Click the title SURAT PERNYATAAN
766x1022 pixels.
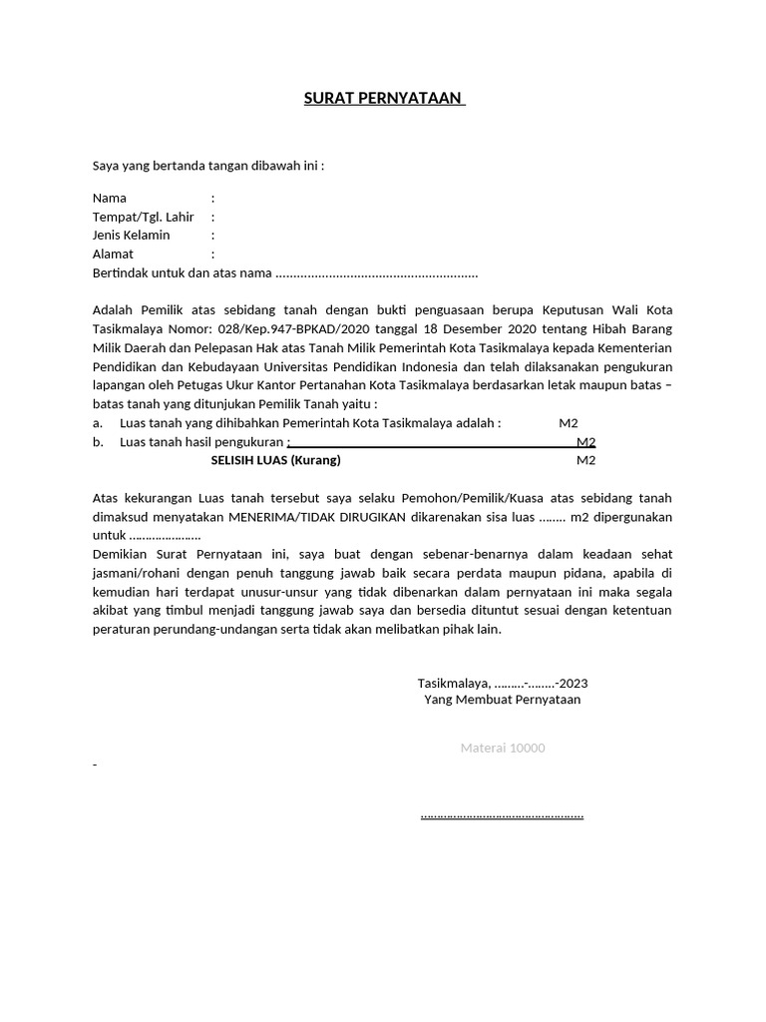pyautogui.click(x=384, y=99)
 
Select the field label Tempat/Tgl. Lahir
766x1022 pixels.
pyautogui.click(x=143, y=217)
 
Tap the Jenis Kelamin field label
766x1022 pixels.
pyautogui.click(x=131, y=236)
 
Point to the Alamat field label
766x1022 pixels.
pyautogui.click(x=113, y=255)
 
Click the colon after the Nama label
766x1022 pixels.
pyautogui.click(x=212, y=198)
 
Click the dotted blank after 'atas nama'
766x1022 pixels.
pyautogui.click(x=376, y=273)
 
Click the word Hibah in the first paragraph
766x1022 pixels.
pyautogui.click(x=598, y=328)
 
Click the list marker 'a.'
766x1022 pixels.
pyautogui.click(x=98, y=423)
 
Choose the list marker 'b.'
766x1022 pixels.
pyautogui.click(x=98, y=442)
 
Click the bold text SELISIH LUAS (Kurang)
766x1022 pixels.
pyautogui.click(x=275, y=460)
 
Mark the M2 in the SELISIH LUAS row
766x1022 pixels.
pyautogui.click(x=585, y=460)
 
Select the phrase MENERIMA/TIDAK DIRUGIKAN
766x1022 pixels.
pyautogui.click(x=310, y=517)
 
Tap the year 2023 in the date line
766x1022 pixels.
pyautogui.click(x=573, y=684)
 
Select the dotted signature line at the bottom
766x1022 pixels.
pyautogui.click(x=502, y=815)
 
